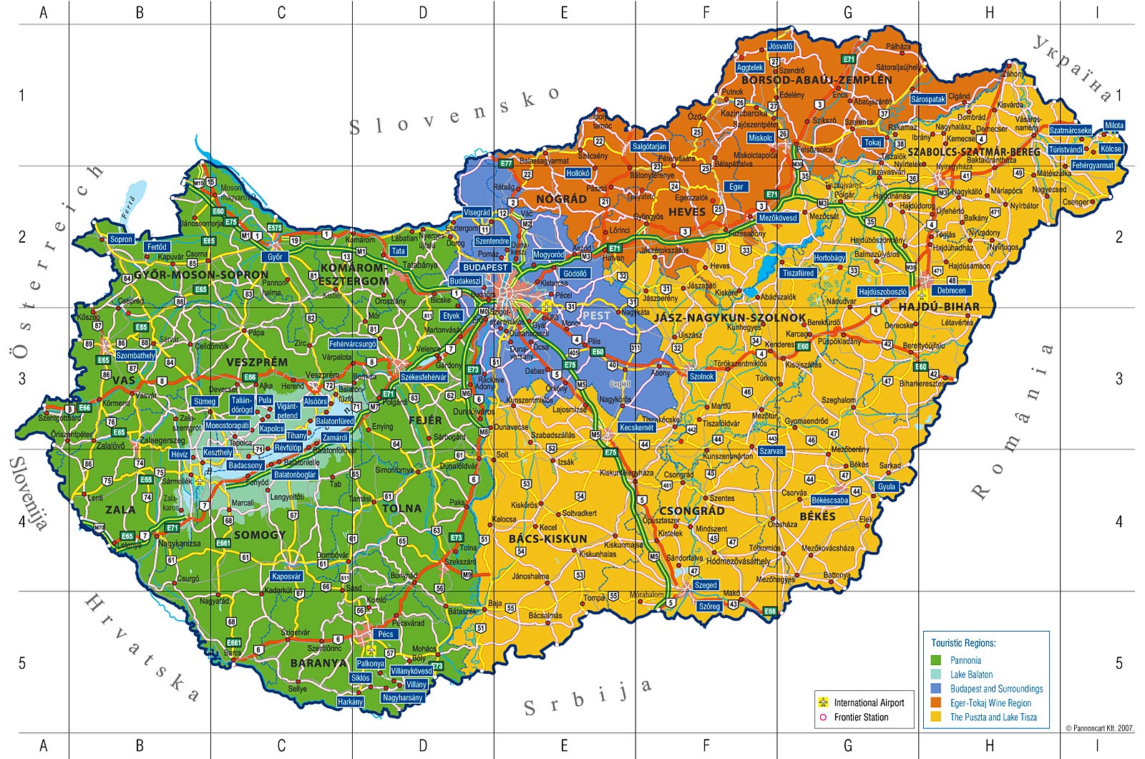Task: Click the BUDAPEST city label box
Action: [x=485, y=267]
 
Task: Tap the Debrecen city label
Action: [x=951, y=290]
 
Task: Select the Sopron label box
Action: [x=121, y=239]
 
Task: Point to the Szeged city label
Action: [x=706, y=585]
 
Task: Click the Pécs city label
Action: [x=386, y=634]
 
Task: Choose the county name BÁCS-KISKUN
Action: [x=547, y=538]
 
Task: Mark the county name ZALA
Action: [x=120, y=510]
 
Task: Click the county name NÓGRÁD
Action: [x=562, y=199]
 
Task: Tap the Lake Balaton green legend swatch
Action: [x=935, y=675]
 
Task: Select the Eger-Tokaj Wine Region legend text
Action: [x=990, y=703]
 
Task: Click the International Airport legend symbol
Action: [x=823, y=702]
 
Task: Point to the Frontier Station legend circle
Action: [x=823, y=717]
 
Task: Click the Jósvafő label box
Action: [x=780, y=46]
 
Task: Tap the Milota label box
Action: [x=1114, y=125]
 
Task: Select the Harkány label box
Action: [x=350, y=702]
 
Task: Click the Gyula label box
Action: [x=887, y=486]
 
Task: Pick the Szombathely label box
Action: [x=135, y=355]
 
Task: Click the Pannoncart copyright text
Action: [x=1099, y=728]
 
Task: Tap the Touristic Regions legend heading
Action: [x=963, y=643]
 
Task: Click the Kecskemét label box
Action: [x=636, y=427]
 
